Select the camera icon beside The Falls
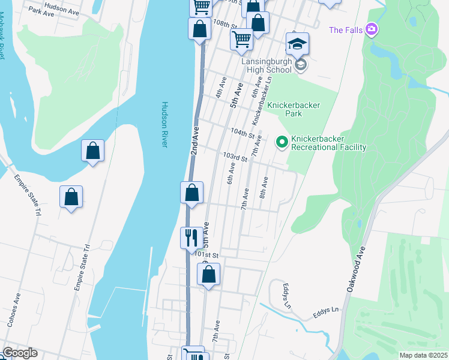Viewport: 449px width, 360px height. tap(372, 29)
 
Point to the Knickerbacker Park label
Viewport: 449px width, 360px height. tap(294, 109)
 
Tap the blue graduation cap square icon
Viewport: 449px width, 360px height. tap(297, 44)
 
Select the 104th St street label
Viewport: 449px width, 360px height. tap(243, 133)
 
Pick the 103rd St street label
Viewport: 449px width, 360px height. tap(235, 157)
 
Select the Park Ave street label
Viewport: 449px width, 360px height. tap(41, 11)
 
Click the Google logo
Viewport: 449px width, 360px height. tap(20, 353)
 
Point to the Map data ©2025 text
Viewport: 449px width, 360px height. tap(423, 355)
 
